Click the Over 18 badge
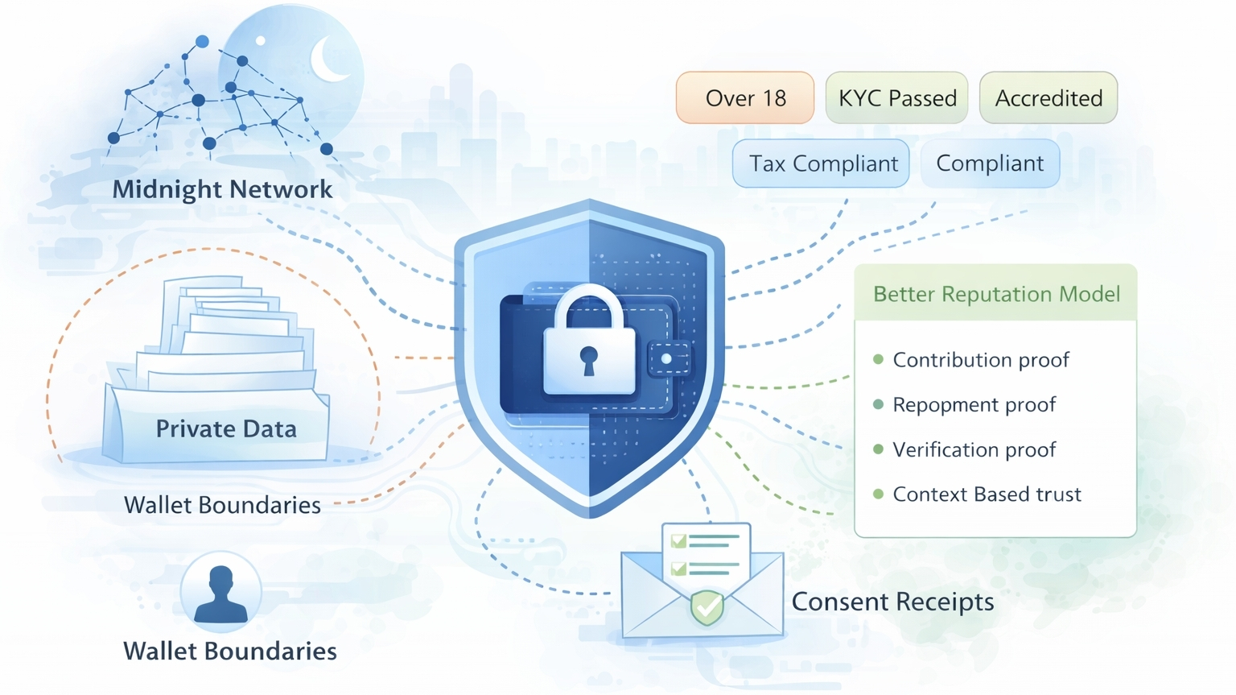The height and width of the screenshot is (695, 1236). click(x=745, y=98)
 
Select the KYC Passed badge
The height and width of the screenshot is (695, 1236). click(x=896, y=98)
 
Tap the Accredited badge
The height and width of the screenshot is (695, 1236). click(x=1048, y=98)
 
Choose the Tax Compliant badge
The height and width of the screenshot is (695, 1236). click(x=822, y=163)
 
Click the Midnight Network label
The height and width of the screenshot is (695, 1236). click(x=222, y=189)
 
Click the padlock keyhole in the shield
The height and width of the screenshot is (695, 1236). click(x=589, y=359)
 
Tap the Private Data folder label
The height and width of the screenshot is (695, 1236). click(x=226, y=428)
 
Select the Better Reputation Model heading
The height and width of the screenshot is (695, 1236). click(x=996, y=294)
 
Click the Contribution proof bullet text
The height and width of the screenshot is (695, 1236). click(x=981, y=360)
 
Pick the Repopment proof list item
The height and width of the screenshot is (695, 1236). click(x=974, y=404)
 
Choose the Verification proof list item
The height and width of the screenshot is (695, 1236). click(x=974, y=449)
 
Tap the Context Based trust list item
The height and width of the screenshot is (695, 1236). click(x=987, y=494)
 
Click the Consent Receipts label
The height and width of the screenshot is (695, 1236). click(x=892, y=602)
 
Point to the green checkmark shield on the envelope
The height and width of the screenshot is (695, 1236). click(x=707, y=607)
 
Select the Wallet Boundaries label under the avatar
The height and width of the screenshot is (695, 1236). click(x=229, y=651)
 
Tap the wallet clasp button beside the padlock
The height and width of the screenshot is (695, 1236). click(x=666, y=359)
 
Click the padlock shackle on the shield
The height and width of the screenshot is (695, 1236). click(x=589, y=308)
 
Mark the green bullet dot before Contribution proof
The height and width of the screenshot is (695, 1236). click(x=878, y=359)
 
